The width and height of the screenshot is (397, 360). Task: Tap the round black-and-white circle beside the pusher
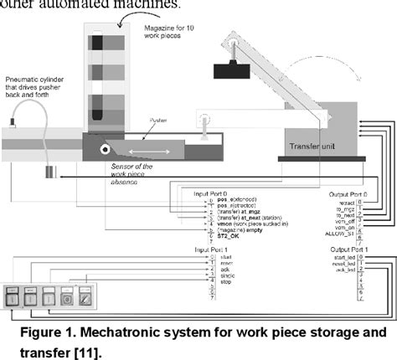pos(106,151)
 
